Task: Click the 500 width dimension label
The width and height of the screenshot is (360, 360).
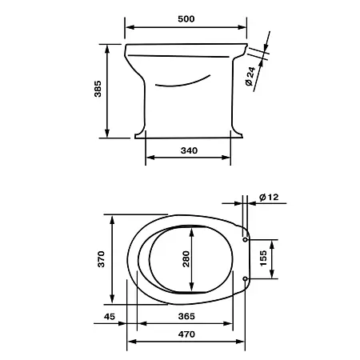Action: pos(186,19)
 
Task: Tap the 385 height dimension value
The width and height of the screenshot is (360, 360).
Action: pos(98,89)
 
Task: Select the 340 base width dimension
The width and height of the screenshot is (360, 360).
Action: pos(189,150)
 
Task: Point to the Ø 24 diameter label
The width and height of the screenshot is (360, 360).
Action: pos(250,76)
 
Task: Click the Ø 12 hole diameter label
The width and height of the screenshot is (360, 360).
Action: pos(269,197)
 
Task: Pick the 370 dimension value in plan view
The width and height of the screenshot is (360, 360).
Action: pos(102,259)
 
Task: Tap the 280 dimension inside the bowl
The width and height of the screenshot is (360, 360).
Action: pos(186,259)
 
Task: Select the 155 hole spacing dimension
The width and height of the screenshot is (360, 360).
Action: pos(263,258)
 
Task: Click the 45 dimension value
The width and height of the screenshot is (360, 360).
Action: pos(110,317)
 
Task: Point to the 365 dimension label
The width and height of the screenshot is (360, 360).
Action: pos(186,316)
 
